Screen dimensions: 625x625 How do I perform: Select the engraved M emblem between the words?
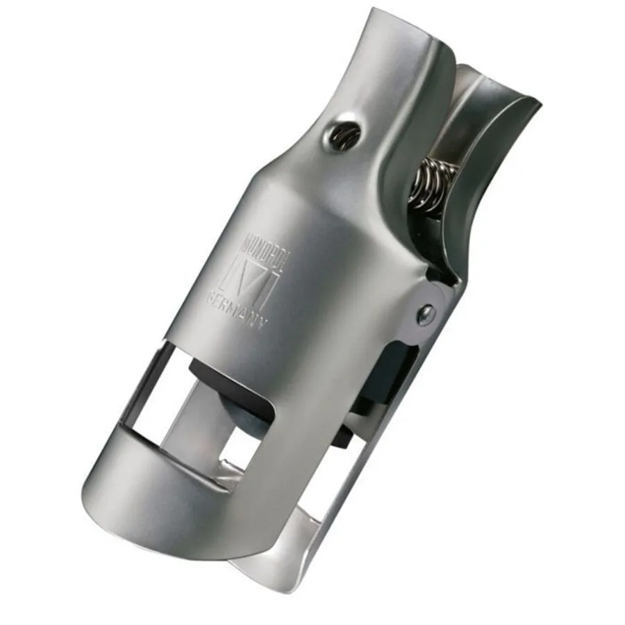(x=248, y=278)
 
